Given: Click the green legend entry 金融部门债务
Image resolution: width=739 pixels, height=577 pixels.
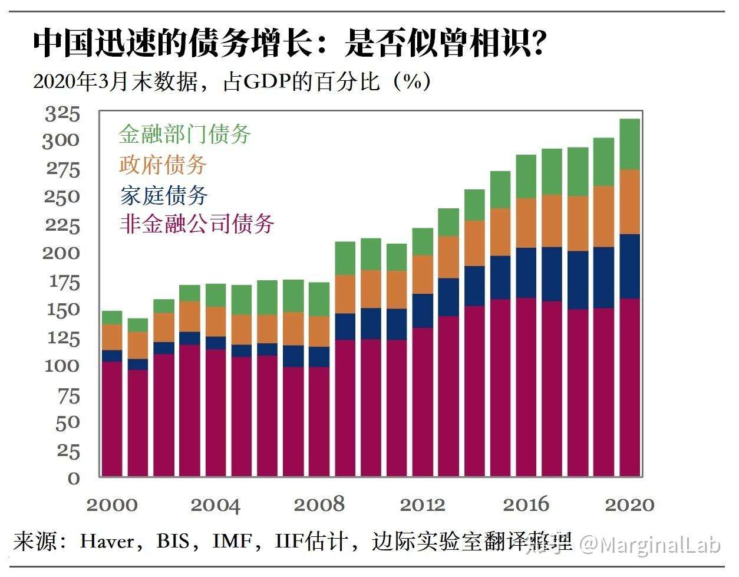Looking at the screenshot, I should click(x=184, y=135).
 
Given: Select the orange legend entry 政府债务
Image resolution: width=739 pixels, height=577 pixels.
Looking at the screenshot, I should click(x=163, y=165).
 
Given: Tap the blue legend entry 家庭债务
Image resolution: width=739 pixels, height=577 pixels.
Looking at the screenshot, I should click(x=163, y=195).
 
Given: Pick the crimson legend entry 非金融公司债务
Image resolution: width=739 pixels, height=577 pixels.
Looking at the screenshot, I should click(x=197, y=224).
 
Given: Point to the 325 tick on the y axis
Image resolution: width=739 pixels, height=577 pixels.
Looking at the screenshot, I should click(x=62, y=114).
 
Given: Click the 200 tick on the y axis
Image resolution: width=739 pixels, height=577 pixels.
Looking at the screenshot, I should click(x=61, y=253).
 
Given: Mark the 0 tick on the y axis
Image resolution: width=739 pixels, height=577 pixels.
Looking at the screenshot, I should click(x=73, y=478).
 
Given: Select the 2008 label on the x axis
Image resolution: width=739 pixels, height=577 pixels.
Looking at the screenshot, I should click(x=319, y=504).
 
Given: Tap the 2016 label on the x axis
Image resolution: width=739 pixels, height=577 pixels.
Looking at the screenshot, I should click(x=526, y=504).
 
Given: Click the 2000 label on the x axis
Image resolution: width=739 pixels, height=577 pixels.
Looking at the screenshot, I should click(x=112, y=504).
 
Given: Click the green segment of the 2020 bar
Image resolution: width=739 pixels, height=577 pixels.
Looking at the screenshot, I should click(x=630, y=145).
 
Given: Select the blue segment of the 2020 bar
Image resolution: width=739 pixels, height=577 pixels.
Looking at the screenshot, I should click(x=630, y=266).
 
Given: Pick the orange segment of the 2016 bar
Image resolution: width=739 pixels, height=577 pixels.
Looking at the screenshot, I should click(x=526, y=223).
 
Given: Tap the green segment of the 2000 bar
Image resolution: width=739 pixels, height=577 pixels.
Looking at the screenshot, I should click(x=112, y=317).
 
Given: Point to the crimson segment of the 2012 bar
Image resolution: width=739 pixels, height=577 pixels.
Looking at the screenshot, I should click(x=422, y=401).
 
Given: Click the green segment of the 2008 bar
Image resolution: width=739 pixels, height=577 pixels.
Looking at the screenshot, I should click(x=319, y=299).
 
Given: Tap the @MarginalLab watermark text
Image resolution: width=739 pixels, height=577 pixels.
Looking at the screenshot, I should click(x=649, y=545).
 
